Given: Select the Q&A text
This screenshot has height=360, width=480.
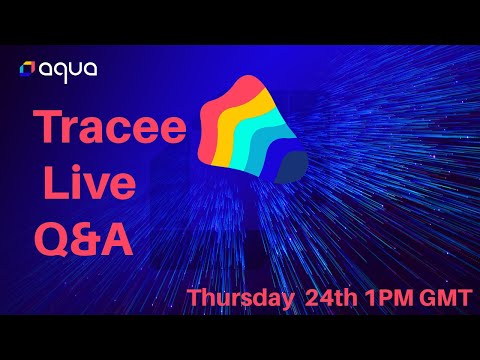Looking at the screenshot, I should coord(85,237).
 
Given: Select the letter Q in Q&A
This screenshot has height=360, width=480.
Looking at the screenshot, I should coord(50,238).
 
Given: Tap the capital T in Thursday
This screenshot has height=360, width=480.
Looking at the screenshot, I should coord(195,298).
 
